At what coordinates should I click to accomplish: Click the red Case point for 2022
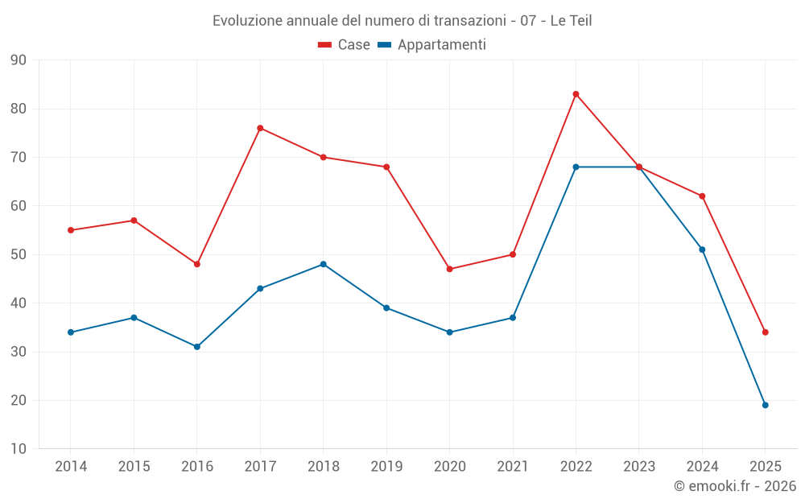point(576,94)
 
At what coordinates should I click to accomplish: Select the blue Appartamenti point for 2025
point(765,405)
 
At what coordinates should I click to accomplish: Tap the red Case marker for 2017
point(260,128)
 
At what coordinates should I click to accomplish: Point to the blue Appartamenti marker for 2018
point(323,264)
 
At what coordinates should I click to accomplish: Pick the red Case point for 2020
point(449,269)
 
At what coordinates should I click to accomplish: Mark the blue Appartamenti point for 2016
point(196,347)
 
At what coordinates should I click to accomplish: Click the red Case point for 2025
point(765,332)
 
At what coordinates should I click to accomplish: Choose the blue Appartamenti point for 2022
point(576,167)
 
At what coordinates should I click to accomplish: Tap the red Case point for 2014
point(71,230)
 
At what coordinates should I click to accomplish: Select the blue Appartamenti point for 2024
point(702,249)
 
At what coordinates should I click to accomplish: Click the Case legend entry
point(345,45)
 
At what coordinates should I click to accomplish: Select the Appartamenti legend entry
point(432,45)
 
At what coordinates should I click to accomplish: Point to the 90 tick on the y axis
point(18,60)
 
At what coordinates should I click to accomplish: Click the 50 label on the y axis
point(18,254)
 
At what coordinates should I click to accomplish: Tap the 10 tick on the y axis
point(18,449)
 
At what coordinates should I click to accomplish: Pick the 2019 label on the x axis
point(386,467)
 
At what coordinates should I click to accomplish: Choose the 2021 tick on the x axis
point(513,467)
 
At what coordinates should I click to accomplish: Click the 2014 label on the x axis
point(71,467)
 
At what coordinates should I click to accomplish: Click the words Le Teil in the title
point(571,21)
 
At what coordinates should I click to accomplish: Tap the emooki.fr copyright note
point(734,486)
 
